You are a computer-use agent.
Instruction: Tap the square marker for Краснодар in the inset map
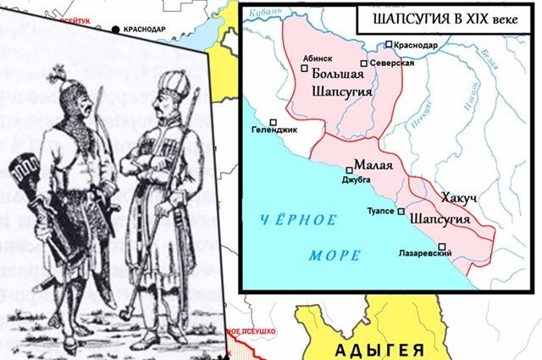click(x=389, y=45)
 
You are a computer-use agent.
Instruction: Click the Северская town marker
click(x=363, y=64)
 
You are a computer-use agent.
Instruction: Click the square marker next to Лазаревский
click(x=441, y=246)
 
